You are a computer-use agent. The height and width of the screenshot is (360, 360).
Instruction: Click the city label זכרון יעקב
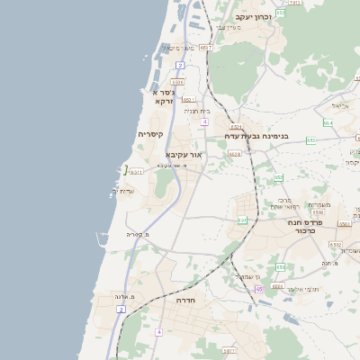point(253,17)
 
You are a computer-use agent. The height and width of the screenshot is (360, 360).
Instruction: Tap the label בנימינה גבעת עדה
point(256,137)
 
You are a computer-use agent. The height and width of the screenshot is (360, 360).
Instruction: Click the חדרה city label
point(186,300)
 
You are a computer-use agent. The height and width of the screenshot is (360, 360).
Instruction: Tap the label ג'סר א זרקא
point(163,96)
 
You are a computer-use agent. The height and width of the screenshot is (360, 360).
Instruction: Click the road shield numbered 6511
point(136,172)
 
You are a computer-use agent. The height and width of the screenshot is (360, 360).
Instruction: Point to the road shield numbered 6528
point(235,155)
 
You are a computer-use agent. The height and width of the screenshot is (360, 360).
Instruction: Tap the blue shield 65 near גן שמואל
point(259,289)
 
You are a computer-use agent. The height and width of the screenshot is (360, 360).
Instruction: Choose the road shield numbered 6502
point(335,245)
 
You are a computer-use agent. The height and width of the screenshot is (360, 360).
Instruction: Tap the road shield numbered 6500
point(318,212)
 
